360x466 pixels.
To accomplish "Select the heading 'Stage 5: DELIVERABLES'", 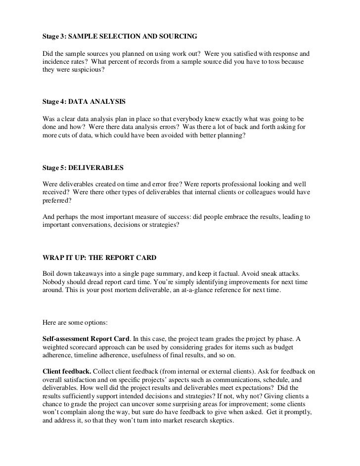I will click(80, 168).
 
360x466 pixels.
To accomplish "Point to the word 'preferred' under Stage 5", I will click(53, 202).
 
